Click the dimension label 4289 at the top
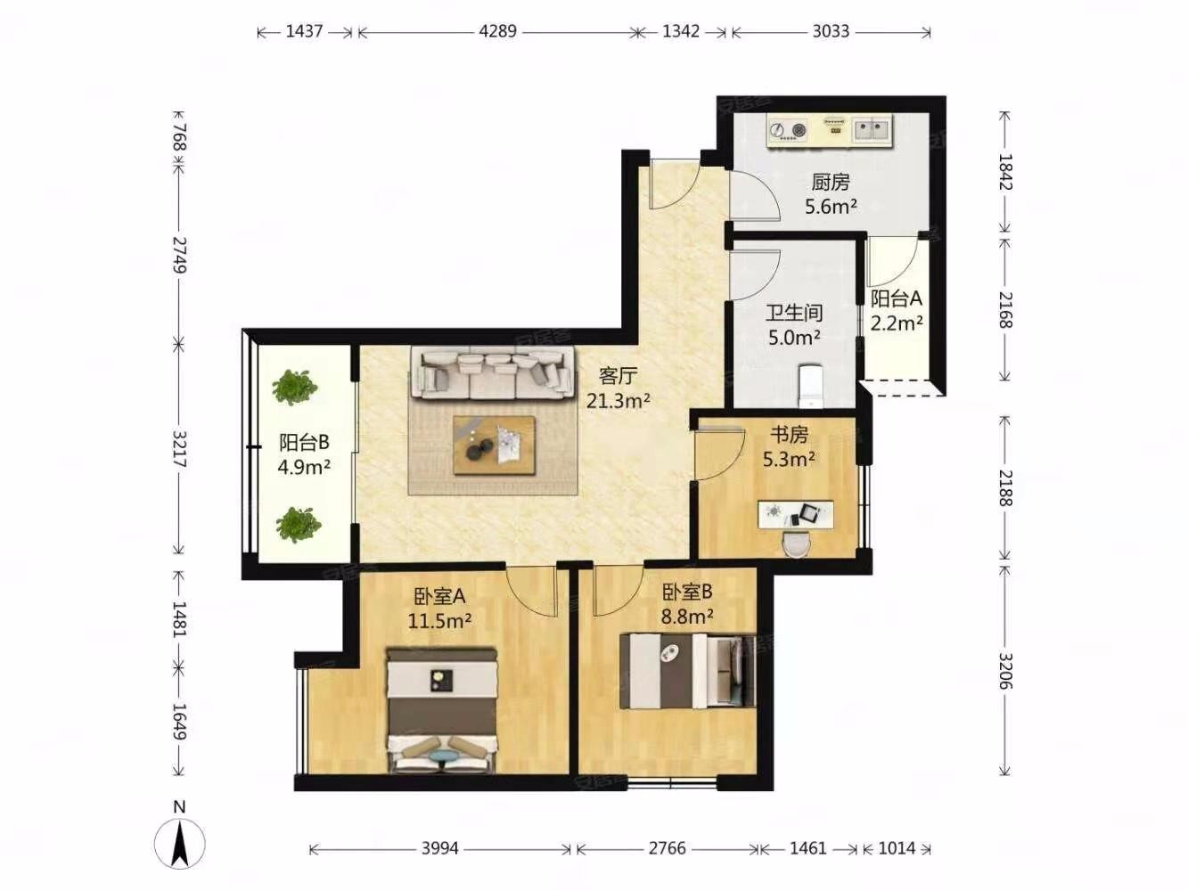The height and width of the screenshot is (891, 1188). pos(497,31)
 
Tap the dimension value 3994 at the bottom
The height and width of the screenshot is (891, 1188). pos(439,848)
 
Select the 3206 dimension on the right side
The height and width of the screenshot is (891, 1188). pos(1004,671)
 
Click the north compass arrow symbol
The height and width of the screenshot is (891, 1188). pos(180,844)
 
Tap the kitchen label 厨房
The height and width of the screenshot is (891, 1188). pos(831,183)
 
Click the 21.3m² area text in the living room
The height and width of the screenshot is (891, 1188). pos(619,401)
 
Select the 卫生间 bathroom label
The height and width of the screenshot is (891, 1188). pos(795,313)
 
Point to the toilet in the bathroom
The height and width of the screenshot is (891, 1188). pos(811,386)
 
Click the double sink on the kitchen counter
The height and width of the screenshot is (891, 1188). pos(872,130)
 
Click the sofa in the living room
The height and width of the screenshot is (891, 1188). pos(492,372)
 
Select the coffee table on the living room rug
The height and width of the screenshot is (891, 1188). pos(494,445)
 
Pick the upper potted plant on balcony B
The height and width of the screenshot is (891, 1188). pos(295,387)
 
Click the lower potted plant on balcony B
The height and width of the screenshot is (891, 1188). pos(299,524)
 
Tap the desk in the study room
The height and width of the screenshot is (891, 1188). pos(795,514)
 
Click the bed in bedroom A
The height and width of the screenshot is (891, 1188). pos(442,710)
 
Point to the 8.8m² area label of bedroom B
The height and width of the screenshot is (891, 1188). pos(687,616)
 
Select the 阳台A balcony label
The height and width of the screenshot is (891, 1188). pos(896,298)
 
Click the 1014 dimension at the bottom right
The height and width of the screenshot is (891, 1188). pos(897,848)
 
